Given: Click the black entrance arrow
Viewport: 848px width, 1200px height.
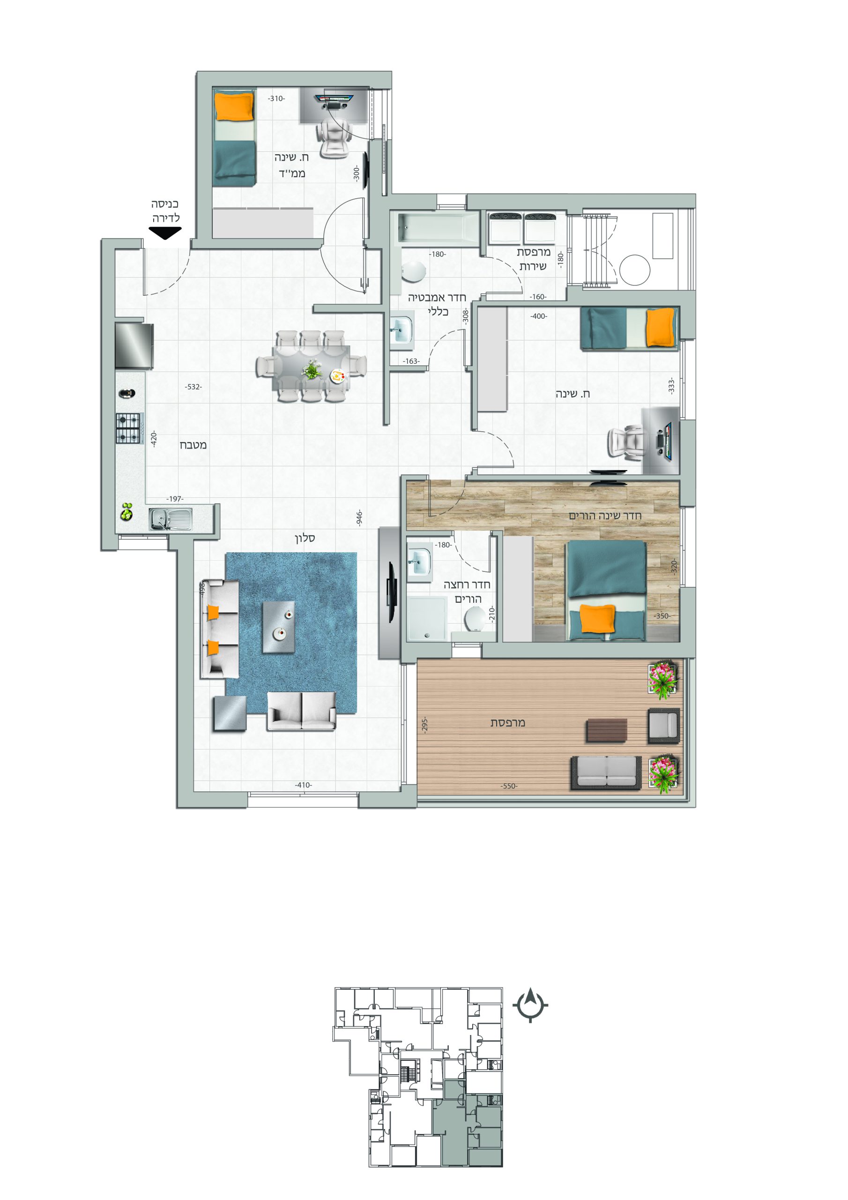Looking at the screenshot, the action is (165, 233).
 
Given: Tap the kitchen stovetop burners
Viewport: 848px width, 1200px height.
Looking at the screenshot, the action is (128, 428).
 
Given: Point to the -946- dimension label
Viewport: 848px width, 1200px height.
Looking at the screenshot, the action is (359, 518).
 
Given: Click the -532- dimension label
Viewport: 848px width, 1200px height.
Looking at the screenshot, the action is (193, 387).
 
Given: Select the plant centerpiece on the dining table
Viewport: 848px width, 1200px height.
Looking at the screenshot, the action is (312, 369).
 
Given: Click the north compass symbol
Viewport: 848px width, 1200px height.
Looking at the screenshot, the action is (530, 1004).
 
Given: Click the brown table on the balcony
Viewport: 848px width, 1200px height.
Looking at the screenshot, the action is (607, 730).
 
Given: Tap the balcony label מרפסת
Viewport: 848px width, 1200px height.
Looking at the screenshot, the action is (507, 722).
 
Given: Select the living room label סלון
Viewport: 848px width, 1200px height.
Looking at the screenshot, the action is (305, 538).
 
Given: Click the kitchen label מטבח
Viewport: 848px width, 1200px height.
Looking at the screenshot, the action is (193, 445).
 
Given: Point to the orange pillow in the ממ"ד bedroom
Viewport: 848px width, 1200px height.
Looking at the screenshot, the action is (235, 105).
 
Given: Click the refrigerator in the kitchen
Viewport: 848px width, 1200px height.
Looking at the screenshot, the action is (134, 345).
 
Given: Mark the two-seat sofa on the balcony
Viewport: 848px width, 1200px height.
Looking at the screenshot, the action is (606, 773).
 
